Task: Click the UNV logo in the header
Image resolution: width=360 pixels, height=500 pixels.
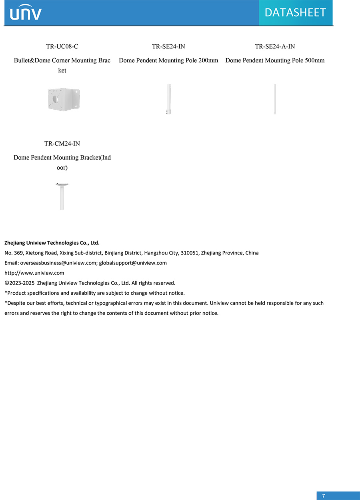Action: (x=26, y=13)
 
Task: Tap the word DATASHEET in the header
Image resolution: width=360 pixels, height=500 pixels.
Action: (x=295, y=12)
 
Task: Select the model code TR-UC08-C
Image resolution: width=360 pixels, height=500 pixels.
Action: (x=62, y=46)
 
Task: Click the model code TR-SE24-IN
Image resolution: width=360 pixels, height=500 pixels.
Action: (x=168, y=46)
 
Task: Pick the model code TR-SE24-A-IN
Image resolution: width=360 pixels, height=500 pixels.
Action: (x=275, y=46)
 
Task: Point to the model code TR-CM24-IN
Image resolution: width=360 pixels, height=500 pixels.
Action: (x=62, y=144)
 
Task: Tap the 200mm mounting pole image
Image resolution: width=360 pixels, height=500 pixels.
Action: (x=169, y=99)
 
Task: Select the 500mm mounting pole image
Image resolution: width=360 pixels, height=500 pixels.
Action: (x=275, y=99)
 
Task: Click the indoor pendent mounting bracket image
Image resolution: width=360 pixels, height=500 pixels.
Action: (x=62, y=196)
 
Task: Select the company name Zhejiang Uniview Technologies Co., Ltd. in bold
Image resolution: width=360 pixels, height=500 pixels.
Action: (x=52, y=243)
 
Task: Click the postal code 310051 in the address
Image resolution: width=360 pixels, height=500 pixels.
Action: (x=190, y=253)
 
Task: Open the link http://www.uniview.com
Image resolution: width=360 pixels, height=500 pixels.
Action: (x=34, y=273)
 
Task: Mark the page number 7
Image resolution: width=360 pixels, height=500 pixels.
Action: (x=324, y=496)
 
